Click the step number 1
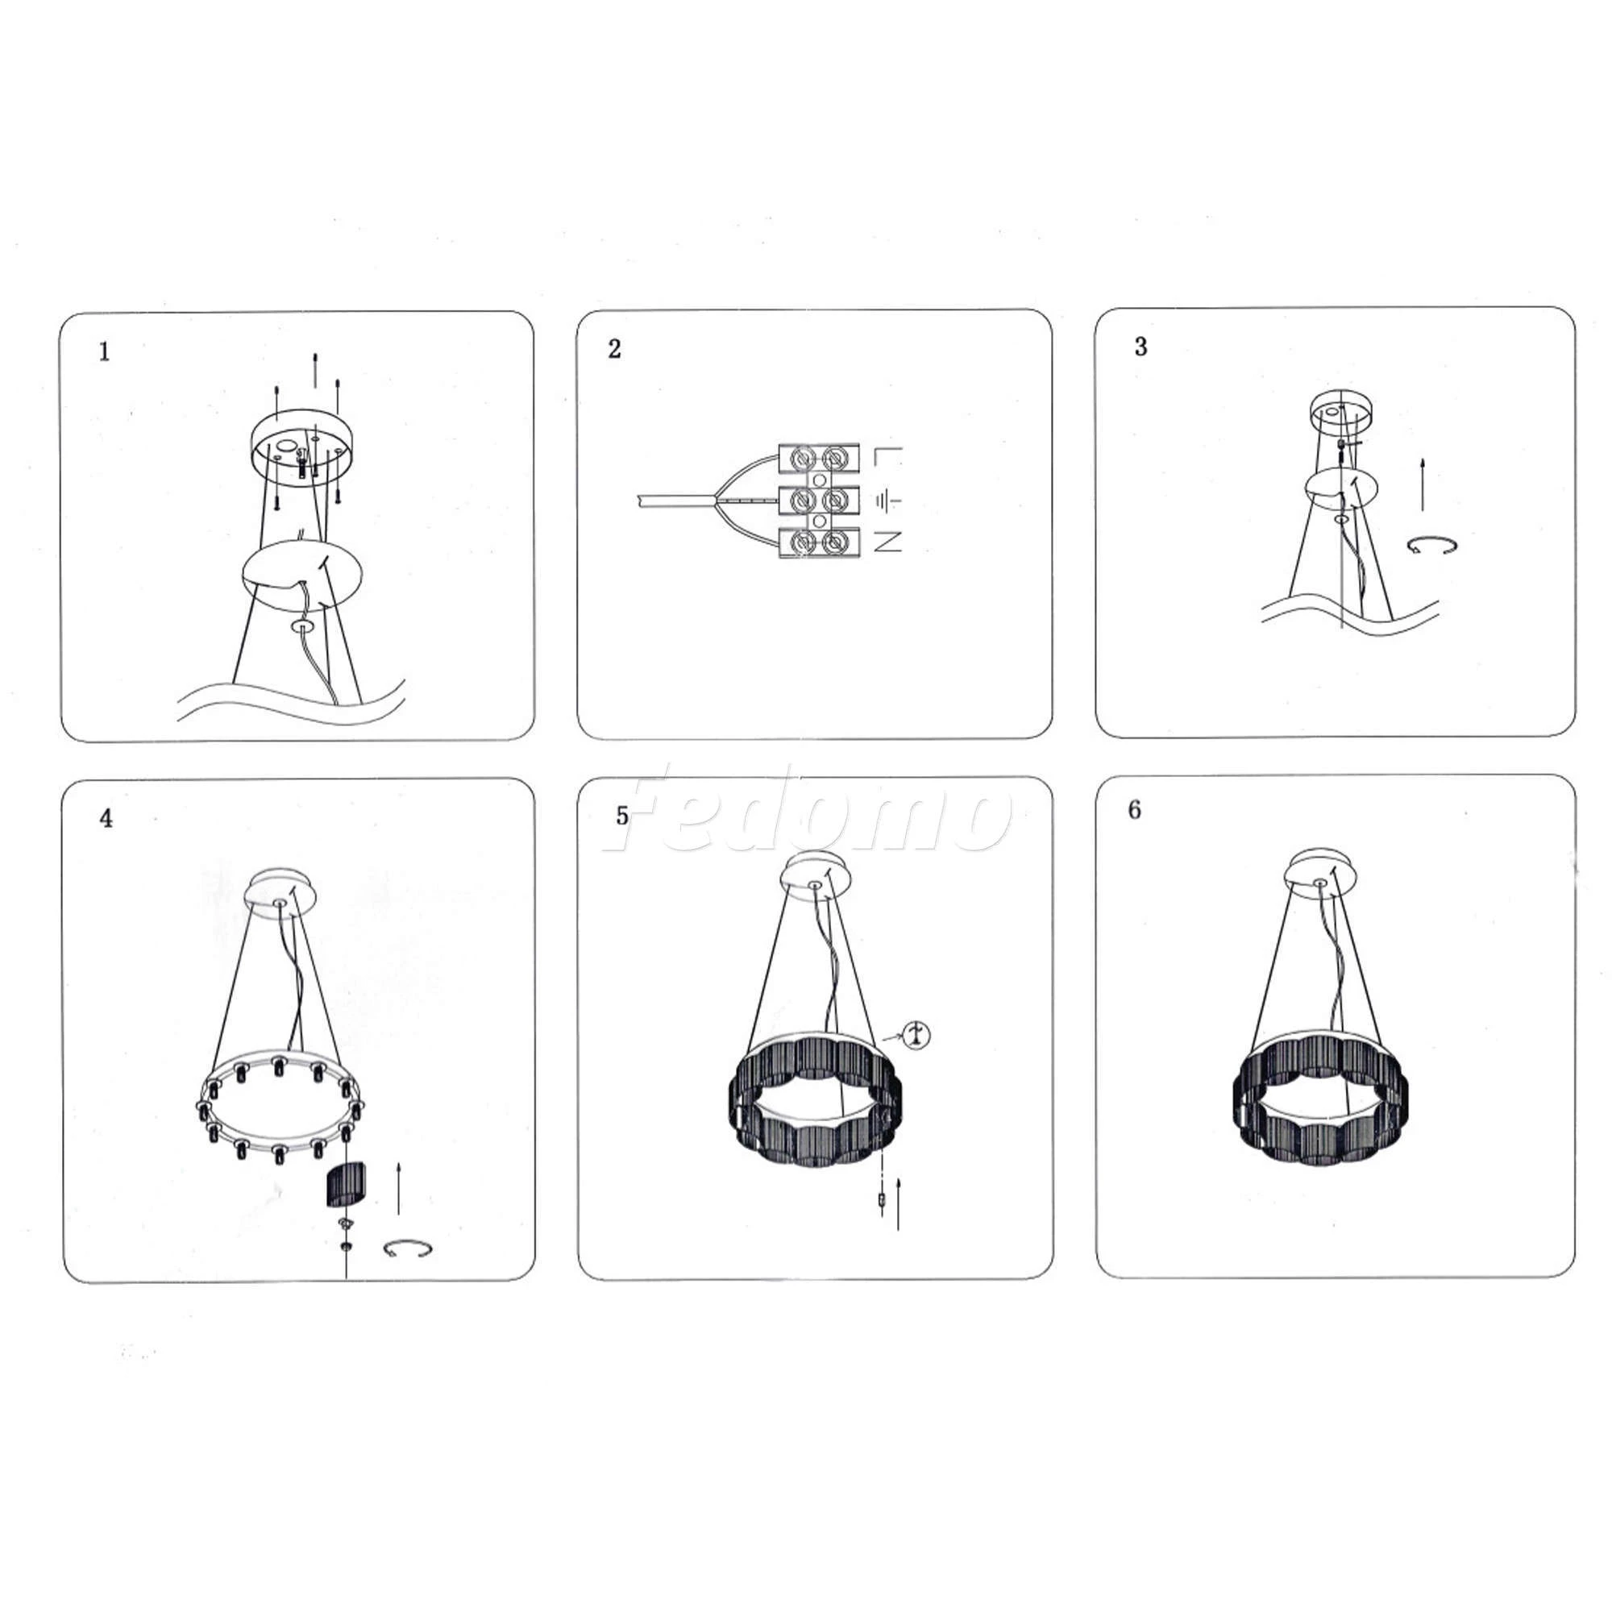[x=104, y=352]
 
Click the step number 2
[x=615, y=349]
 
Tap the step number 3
[x=1140, y=347]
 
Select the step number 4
[x=106, y=819]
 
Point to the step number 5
[x=622, y=816]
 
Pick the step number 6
[x=1134, y=810]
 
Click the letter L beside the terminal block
[x=887, y=457]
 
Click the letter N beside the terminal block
[x=887, y=543]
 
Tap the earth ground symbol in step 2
[x=887, y=501]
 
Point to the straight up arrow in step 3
[x=1423, y=484]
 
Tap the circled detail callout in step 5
[x=917, y=1036]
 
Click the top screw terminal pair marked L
[x=819, y=457]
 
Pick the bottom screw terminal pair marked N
[x=819, y=543]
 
